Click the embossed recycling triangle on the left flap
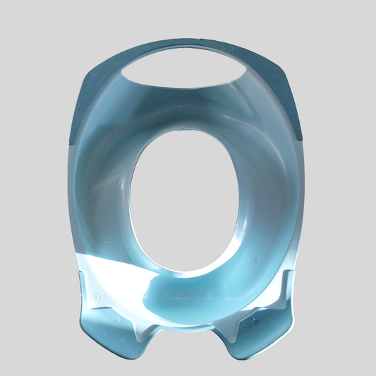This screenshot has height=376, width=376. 98,296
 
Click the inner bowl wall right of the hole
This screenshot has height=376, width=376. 265,190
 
